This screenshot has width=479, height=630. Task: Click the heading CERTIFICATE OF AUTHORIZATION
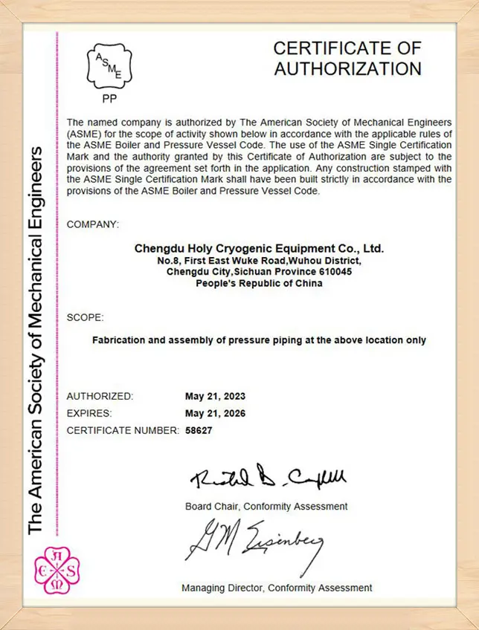click(347, 59)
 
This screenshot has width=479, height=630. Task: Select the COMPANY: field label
click(92, 224)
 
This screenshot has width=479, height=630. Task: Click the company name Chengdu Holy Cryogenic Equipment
click(259, 248)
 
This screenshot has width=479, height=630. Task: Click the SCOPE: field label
click(85, 317)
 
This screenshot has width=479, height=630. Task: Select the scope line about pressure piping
click(259, 340)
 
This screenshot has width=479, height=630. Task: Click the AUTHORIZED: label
click(100, 396)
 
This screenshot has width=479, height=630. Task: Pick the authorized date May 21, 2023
click(215, 396)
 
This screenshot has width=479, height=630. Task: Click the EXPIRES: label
click(89, 413)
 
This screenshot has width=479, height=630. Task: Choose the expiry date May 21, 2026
click(215, 413)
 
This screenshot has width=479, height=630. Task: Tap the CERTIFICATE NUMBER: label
click(123, 430)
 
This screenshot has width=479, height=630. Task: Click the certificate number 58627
click(199, 430)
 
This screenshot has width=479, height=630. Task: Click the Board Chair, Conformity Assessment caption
click(266, 506)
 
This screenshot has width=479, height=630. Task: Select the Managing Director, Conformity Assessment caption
click(277, 588)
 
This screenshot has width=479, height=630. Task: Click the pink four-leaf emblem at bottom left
click(57, 571)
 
